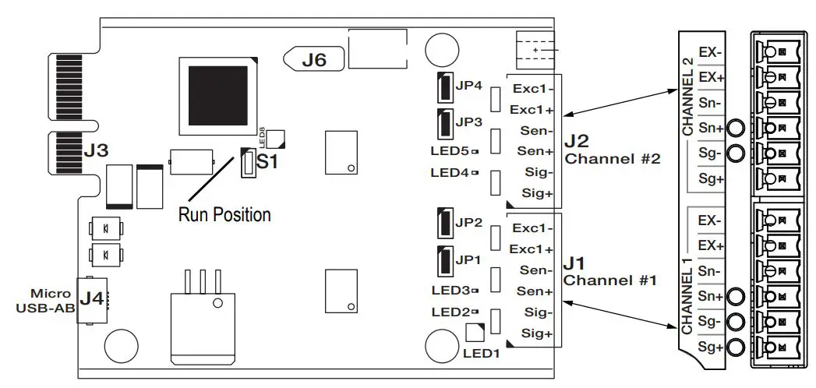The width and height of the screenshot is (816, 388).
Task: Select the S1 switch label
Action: coord(267,163)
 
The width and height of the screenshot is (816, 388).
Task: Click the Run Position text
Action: coord(224,214)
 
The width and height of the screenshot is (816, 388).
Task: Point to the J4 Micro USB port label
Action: coord(91,297)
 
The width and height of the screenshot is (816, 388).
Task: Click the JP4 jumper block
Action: coord(443,86)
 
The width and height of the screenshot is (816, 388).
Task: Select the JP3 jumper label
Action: coord(469,122)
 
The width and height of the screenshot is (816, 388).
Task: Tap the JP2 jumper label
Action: coord(469,222)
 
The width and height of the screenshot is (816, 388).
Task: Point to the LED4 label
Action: coord(448,172)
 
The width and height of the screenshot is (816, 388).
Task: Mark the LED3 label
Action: coord(448,291)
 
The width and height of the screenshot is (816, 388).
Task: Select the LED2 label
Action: coord(448,312)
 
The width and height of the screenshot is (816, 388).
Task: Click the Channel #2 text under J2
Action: coord(613,159)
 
